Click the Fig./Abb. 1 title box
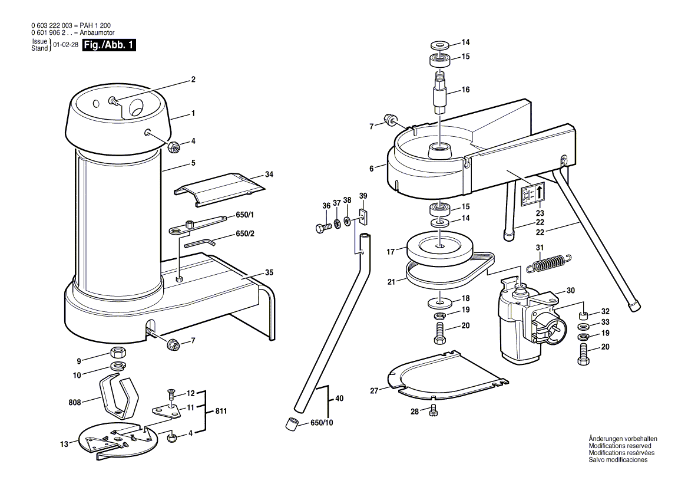pos(109,45)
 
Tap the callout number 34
pos(269,175)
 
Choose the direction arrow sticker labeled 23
pos(532,194)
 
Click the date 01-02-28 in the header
pos(65,45)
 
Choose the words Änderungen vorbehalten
pos(623,439)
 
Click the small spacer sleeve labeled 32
pos(584,312)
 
